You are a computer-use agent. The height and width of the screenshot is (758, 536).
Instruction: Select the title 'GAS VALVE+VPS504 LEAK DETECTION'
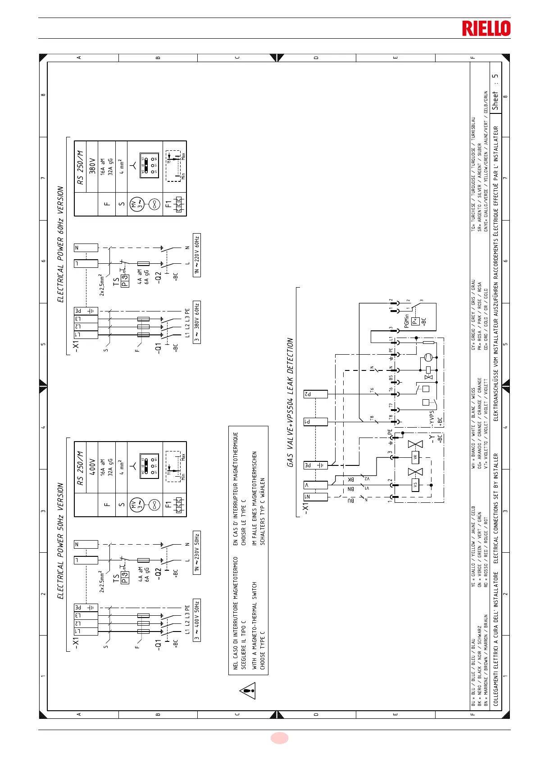click(x=291, y=402)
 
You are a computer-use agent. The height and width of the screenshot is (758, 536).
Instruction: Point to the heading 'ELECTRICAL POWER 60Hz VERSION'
click(x=60, y=244)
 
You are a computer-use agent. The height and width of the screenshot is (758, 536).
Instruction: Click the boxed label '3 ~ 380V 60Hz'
click(x=197, y=322)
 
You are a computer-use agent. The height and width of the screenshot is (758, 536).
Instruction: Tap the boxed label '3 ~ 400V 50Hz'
click(x=197, y=620)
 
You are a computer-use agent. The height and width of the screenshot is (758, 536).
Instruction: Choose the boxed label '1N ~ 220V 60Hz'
click(x=197, y=255)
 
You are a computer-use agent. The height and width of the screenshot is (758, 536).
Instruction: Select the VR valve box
click(x=415, y=457)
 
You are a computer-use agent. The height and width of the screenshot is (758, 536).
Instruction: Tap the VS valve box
click(x=415, y=485)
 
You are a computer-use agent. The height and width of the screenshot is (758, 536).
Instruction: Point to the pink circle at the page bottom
click(x=279, y=738)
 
